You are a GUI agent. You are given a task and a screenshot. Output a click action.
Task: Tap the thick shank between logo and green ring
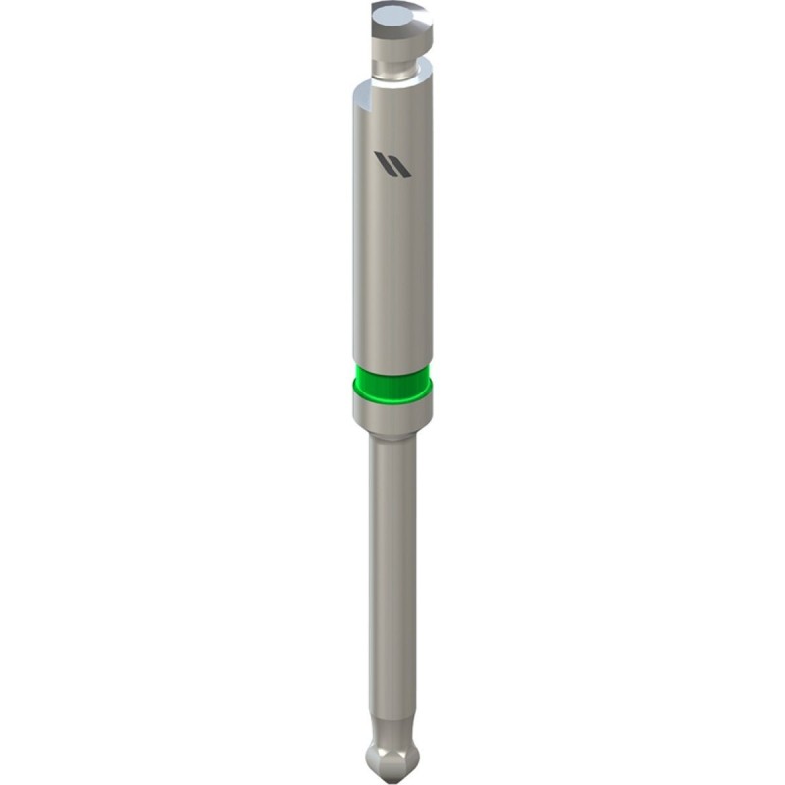(392, 275)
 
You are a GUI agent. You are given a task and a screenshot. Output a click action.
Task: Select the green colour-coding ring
(392, 386)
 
